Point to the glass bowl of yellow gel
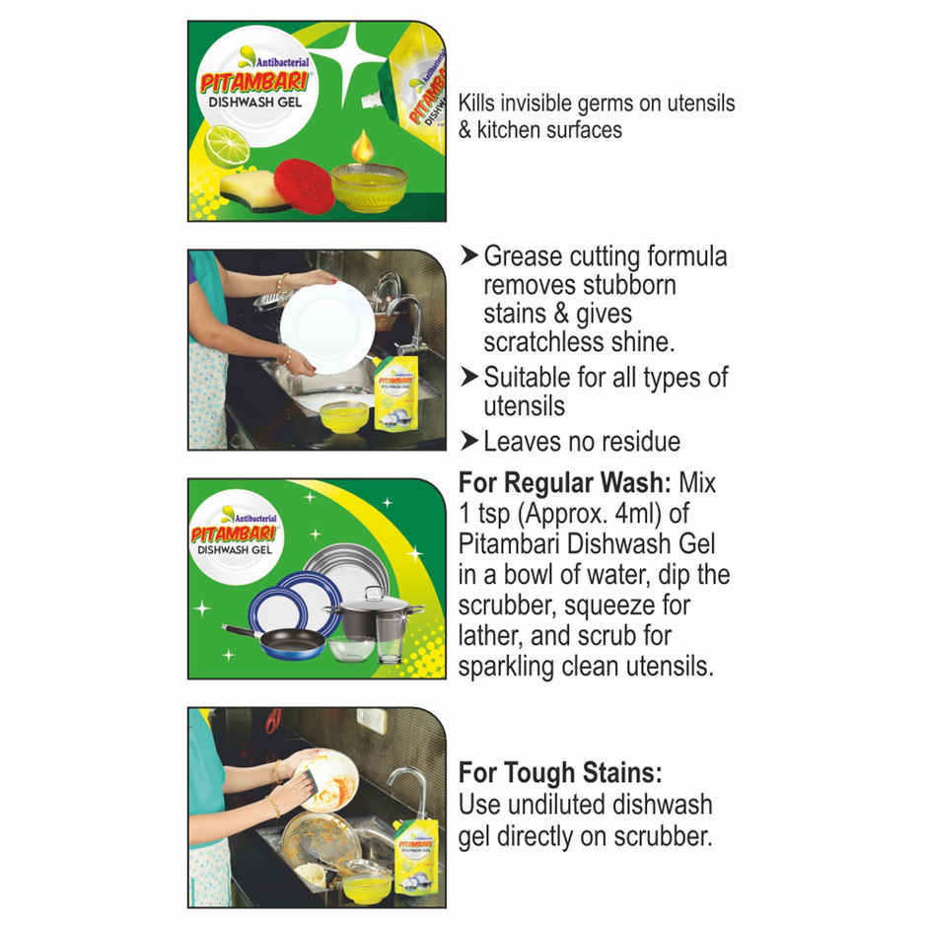369,186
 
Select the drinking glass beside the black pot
391,639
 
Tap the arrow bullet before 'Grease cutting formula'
468,256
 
